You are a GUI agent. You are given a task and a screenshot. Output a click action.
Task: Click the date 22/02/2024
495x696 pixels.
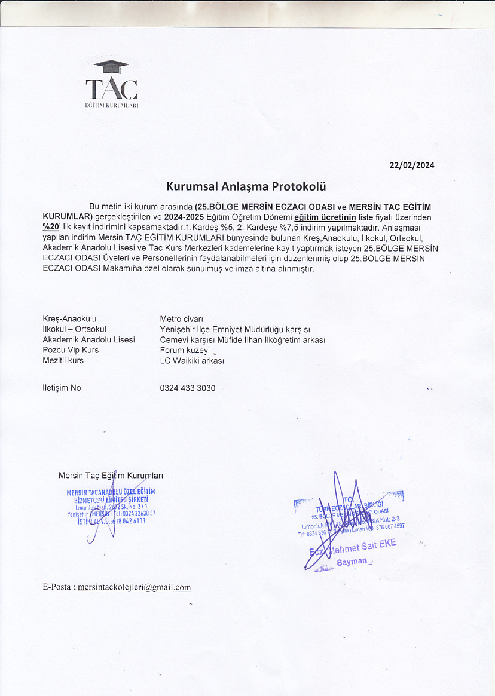[412, 165]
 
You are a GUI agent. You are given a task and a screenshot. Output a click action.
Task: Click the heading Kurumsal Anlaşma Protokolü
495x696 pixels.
[246, 186]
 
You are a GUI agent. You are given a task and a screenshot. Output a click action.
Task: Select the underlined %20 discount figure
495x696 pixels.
[51, 227]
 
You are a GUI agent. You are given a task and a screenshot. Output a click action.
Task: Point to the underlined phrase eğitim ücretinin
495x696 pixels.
[325, 217]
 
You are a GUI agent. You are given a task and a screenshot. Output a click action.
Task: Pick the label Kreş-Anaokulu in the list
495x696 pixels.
[69, 319]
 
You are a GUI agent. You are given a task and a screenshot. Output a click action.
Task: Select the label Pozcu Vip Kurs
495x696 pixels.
[71, 350]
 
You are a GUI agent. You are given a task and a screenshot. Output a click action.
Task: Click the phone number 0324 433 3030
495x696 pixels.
[188, 388]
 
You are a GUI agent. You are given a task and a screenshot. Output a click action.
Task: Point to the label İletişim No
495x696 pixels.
[62, 388]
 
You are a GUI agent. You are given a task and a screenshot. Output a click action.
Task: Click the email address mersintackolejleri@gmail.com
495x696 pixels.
[134, 587]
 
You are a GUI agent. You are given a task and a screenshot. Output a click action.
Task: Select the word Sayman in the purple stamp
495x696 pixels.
[352, 562]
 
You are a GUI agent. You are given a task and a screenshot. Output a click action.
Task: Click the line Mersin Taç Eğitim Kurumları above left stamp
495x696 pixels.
[111, 476]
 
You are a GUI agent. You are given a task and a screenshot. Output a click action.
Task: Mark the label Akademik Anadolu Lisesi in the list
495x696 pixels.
[88, 340]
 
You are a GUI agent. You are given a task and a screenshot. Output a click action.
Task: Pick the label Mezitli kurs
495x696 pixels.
[63, 361]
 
